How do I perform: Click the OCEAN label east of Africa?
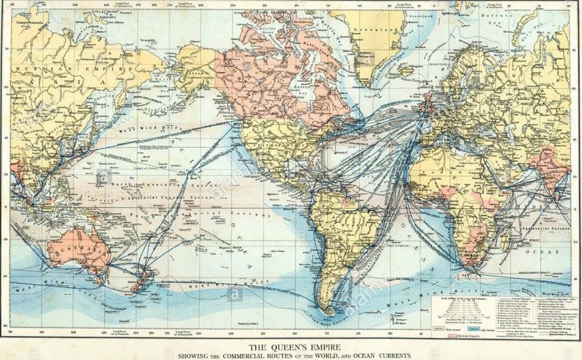tap(552, 252)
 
